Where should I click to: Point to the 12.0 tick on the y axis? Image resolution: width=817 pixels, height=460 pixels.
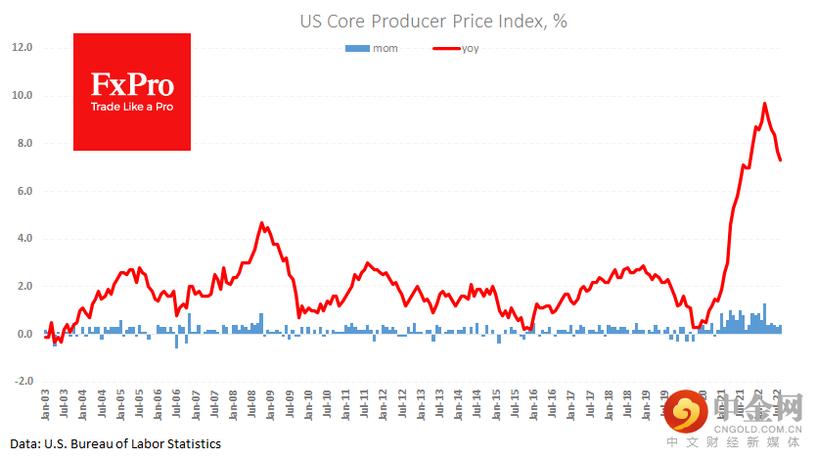(x=23, y=47)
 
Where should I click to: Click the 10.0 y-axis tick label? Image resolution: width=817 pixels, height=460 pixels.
(x=23, y=96)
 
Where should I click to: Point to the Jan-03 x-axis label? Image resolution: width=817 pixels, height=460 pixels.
(x=45, y=403)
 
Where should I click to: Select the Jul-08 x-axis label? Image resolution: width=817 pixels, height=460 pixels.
(x=251, y=403)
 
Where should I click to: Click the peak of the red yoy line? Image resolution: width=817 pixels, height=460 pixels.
(x=765, y=104)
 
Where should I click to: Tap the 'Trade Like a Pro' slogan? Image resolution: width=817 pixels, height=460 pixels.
(x=132, y=106)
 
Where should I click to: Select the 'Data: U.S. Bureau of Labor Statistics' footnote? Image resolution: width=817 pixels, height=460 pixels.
(x=116, y=444)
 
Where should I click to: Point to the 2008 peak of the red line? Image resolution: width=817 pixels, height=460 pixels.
(x=262, y=223)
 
